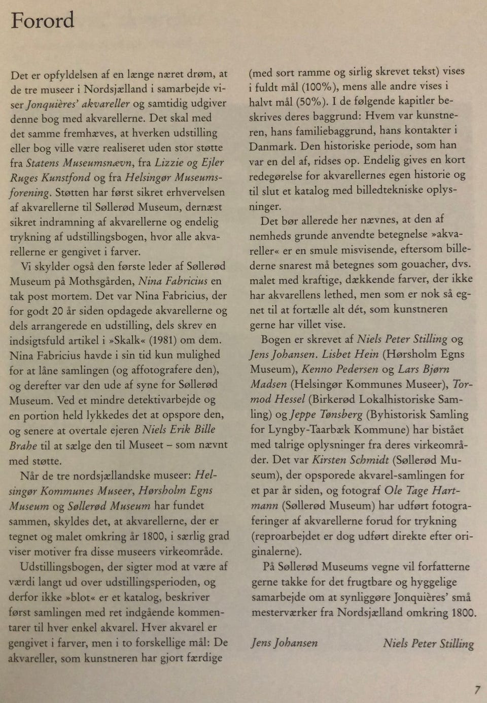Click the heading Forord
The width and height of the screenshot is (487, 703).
click(43, 21)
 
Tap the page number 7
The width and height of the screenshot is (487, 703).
click(477, 689)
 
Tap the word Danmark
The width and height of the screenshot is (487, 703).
click(272, 146)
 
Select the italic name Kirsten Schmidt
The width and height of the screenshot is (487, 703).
click(351, 460)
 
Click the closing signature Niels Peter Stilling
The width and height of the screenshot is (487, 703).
click(428, 644)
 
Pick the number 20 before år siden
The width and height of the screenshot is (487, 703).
click(59, 310)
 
